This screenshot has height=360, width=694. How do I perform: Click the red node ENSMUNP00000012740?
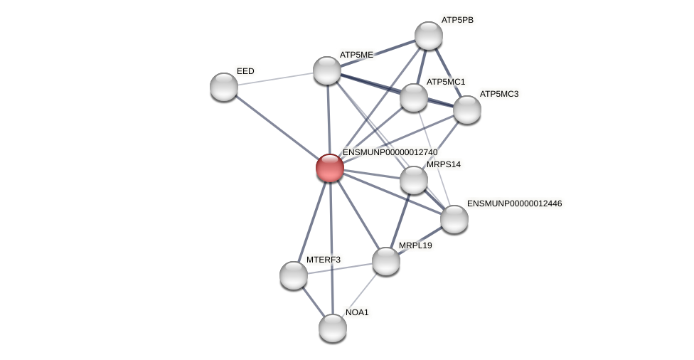coord(330,168)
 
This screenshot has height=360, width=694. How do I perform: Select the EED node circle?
coord(224,87)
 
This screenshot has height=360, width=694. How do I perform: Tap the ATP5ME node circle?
coord(327,70)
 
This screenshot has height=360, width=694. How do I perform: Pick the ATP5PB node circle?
coord(429,36)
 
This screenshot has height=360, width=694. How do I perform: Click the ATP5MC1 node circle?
coord(414,97)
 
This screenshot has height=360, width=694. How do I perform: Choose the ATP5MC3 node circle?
coord(467,110)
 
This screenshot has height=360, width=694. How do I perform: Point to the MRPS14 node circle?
coord(414,180)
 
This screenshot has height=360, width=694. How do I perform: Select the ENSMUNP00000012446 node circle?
coord(454,219)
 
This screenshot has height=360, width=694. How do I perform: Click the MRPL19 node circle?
coord(386,261)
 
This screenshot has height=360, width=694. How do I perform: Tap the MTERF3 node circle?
coord(294,275)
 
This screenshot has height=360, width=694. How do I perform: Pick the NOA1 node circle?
coord(333,328)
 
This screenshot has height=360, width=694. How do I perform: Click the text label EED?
coord(245,71)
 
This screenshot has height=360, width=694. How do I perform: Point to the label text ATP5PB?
coord(457,20)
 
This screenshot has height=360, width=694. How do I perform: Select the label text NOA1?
coord(357,312)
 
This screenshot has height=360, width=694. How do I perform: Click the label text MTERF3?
coord(323,260)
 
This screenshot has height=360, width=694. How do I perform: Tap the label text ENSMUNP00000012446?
coord(515,203)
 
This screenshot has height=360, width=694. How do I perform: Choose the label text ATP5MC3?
coord(499,94)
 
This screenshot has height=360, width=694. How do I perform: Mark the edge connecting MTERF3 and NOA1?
coord(313,302)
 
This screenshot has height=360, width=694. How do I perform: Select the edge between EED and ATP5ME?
coord(275,78)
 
